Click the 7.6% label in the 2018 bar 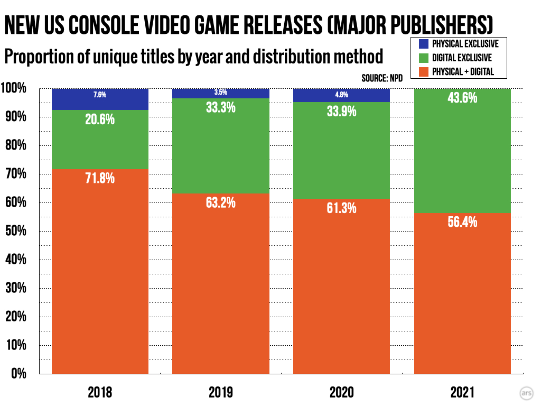(100, 95)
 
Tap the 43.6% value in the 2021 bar (462, 98)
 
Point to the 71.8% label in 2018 (100, 178)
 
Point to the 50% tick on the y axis (15, 232)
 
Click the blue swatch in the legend (422, 44)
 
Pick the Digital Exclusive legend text (462, 58)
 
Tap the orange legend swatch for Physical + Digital (422, 71)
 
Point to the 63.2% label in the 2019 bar (221, 202)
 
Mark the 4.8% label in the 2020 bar (341, 95)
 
